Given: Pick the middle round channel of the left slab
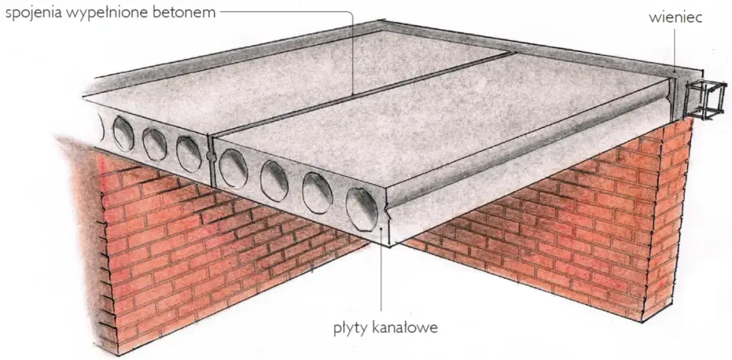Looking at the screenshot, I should coord(155,143).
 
